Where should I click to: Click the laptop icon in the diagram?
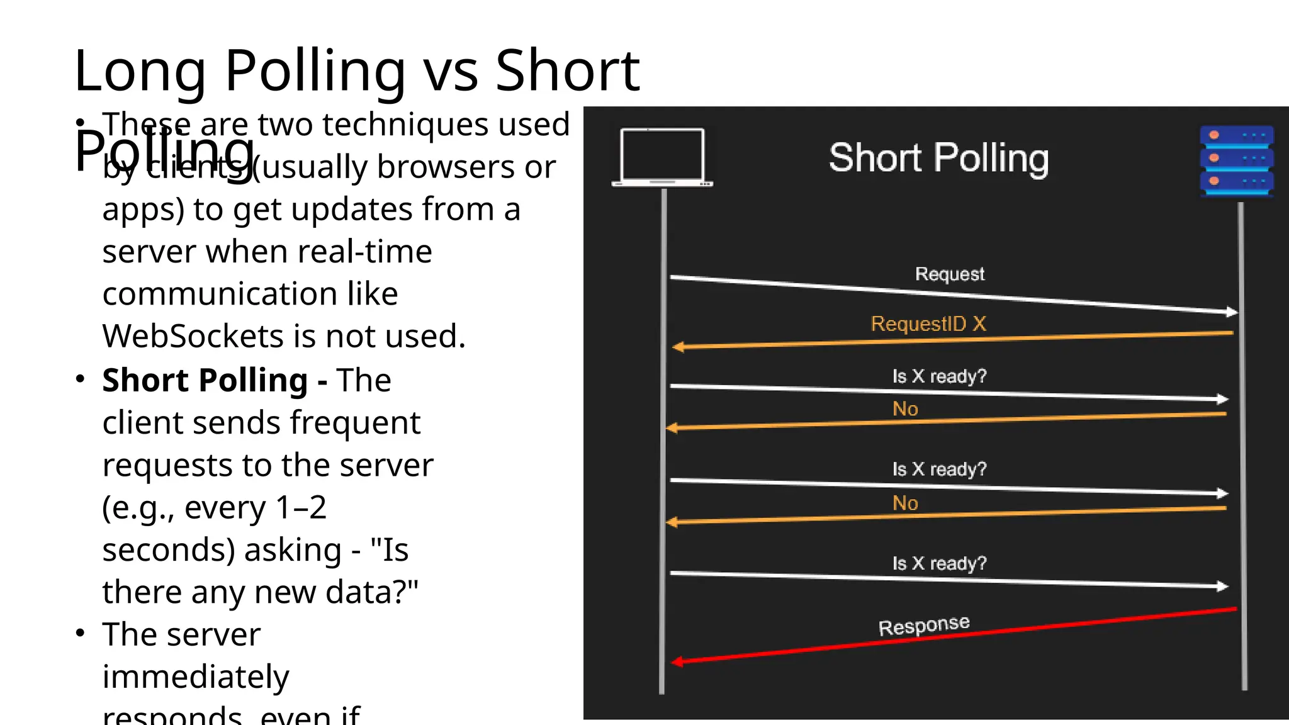coord(662,157)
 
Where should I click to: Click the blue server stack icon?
coord(1237,162)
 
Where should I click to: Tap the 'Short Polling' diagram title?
coord(938,158)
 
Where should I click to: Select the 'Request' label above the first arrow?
coord(950,274)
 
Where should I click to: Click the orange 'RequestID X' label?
coord(928,323)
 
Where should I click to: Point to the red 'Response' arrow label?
coord(924,626)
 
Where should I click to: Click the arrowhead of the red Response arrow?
coord(677,661)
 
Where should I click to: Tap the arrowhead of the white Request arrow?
coord(1232,312)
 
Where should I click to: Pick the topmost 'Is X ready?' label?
coord(939,376)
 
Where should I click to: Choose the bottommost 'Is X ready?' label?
coord(939,563)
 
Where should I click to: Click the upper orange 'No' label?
coord(905,409)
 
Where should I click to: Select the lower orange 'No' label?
coord(905,503)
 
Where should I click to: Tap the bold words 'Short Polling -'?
coord(215,380)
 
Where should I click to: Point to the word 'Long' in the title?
coord(140,70)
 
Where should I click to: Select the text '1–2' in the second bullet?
coord(301,507)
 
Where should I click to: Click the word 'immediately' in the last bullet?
coord(196,677)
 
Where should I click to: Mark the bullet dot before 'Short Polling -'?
coord(80,379)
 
